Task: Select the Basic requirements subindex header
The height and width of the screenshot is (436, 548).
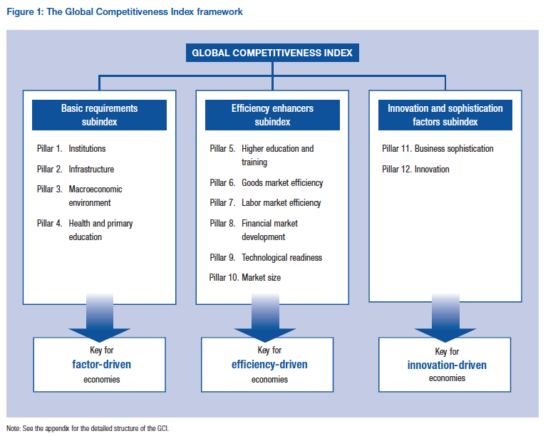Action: click(99, 115)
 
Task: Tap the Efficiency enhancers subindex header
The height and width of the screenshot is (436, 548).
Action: click(272, 115)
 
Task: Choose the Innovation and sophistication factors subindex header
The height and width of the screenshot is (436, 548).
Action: click(445, 115)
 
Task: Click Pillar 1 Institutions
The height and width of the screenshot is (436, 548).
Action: click(71, 149)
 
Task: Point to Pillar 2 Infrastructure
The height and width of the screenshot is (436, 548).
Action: click(76, 170)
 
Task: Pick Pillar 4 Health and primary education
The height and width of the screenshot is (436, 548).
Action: click(85, 230)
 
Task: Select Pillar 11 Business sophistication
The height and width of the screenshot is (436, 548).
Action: click(438, 149)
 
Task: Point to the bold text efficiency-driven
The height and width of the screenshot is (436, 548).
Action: click(269, 365)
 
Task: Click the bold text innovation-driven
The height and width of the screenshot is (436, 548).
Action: click(447, 365)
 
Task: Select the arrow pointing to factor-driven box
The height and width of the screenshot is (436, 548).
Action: click(99, 316)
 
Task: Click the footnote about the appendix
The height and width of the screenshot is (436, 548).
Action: click(88, 428)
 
